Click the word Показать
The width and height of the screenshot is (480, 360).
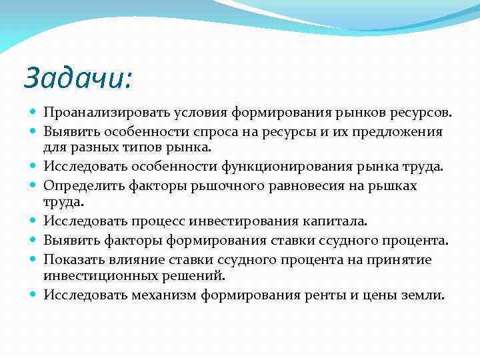[71, 259]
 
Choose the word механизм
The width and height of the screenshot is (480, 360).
[162, 295]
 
